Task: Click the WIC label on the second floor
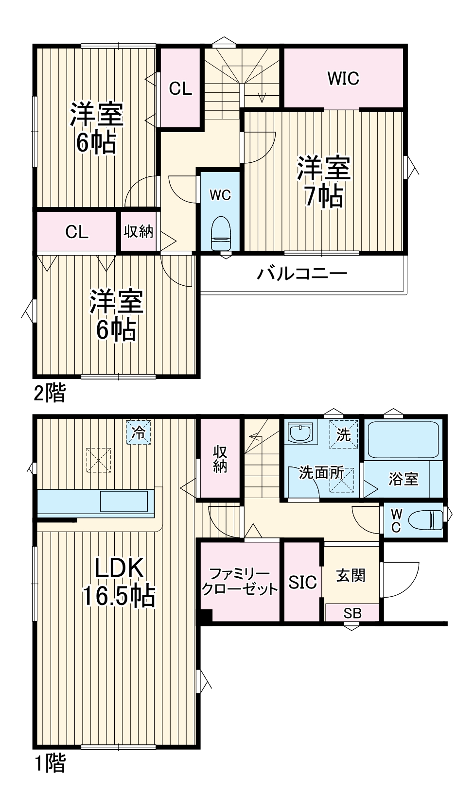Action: tap(343, 78)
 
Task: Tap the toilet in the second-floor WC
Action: tap(220, 233)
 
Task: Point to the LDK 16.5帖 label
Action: tap(119, 582)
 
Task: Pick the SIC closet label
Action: tap(302, 582)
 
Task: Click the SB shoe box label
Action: tap(352, 613)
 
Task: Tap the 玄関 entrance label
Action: tap(351, 576)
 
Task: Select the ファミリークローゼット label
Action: tap(240, 582)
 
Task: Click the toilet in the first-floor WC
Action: tap(424, 521)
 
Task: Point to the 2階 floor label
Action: tap(49, 393)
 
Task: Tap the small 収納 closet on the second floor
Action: tap(139, 231)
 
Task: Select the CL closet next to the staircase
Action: tap(180, 88)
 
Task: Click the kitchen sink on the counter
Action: tap(123, 501)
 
